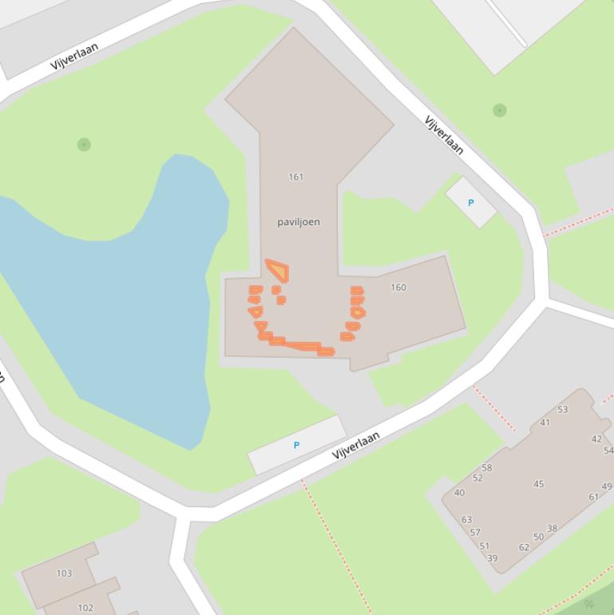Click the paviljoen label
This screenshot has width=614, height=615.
(x=299, y=222)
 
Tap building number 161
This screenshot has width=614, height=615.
(x=295, y=177)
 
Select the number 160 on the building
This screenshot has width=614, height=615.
(x=398, y=288)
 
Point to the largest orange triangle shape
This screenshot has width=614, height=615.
(x=278, y=270)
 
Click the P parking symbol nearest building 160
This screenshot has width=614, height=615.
(x=470, y=203)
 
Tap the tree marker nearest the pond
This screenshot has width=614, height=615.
(x=84, y=145)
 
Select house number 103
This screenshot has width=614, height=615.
(x=64, y=573)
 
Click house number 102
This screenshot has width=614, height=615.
(x=85, y=608)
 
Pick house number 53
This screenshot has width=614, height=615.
(x=563, y=410)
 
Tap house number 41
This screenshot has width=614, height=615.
(x=545, y=423)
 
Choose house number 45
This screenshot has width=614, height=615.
(x=538, y=484)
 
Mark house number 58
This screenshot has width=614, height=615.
(x=487, y=468)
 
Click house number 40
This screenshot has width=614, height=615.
(x=459, y=493)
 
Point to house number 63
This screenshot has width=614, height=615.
(x=466, y=520)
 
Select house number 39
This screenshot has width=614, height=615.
(x=492, y=558)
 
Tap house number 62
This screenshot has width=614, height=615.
(x=524, y=547)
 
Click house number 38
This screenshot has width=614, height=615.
(x=552, y=529)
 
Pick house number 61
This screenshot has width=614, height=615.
(x=593, y=497)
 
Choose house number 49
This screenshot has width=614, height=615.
(x=607, y=486)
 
